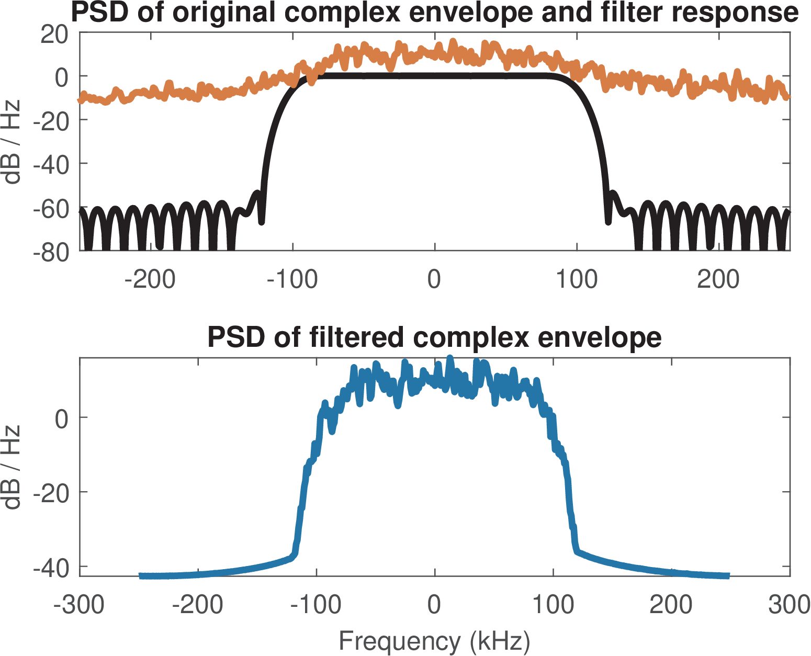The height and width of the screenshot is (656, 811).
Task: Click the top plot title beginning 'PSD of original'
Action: (434, 13)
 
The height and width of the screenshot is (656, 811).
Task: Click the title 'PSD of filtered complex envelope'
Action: (434, 337)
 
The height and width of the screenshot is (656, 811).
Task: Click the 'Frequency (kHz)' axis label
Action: (434, 641)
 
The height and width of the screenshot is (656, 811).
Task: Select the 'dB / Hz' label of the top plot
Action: (12, 141)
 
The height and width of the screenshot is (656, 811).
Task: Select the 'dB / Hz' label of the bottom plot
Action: (12, 467)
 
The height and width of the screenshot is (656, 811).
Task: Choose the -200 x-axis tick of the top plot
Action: (150, 279)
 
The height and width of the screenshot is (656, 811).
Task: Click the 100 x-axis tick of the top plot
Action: (576, 279)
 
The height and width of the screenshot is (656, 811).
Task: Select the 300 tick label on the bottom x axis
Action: (789, 605)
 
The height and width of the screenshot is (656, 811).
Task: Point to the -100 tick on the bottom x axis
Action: (316, 605)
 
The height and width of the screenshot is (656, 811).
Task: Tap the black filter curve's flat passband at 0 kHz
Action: (434, 76)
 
